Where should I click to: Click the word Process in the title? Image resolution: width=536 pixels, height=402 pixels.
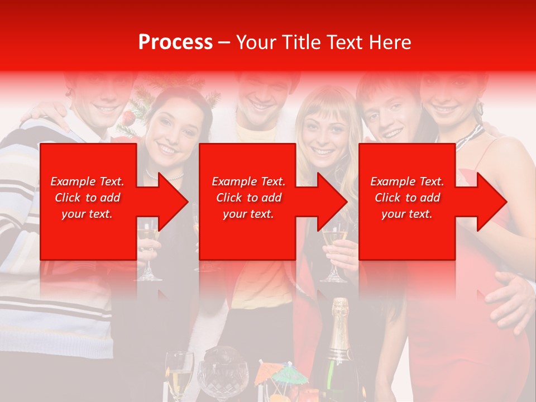(x=175, y=42)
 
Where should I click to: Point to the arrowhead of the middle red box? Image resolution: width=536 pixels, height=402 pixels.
(x=329, y=202)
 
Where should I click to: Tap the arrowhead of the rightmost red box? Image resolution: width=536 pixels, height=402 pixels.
(x=489, y=202)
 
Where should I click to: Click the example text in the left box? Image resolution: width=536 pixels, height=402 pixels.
(x=87, y=198)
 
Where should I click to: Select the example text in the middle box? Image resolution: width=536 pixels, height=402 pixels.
(x=248, y=198)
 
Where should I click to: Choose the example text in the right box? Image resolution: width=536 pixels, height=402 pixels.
(x=407, y=198)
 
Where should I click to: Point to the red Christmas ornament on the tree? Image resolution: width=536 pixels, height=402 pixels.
(x=128, y=118)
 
